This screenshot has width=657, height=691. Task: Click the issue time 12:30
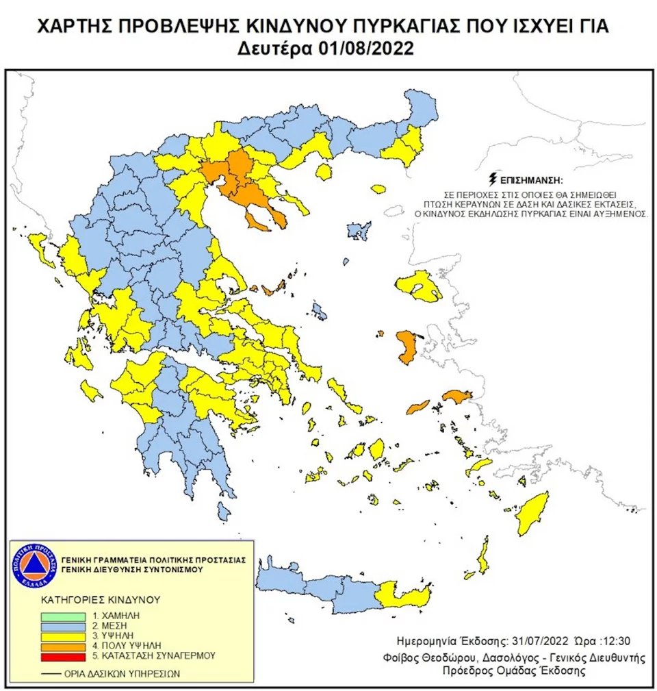pos(615,642)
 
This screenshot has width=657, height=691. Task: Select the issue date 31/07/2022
pos(537,642)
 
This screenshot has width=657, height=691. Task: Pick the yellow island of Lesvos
pos(419,286)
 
